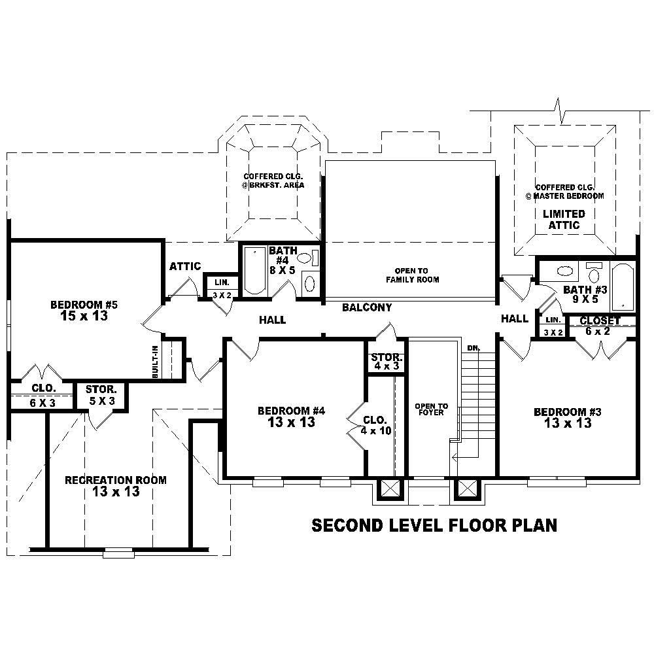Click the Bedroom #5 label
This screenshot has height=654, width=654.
click(84, 305)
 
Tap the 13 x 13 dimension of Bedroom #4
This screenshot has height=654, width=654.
click(291, 422)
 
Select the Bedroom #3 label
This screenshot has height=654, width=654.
click(567, 412)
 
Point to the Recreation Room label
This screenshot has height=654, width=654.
click(115, 480)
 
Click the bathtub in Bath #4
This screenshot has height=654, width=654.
click(254, 271)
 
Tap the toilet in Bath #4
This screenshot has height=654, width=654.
click(309, 283)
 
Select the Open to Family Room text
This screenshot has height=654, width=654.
click(412, 275)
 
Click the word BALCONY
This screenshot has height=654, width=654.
click(367, 307)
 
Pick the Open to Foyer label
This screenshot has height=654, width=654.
click(431, 409)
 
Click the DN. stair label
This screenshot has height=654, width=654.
click(473, 348)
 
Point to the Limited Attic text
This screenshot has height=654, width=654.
click(563, 219)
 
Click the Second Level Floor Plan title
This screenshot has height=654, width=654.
click(434, 525)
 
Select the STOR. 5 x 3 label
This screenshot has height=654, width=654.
click(101, 394)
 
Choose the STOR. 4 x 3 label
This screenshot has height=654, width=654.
click(387, 362)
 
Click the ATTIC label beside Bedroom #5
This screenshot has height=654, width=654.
click(185, 266)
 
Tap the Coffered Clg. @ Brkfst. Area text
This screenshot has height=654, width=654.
click(273, 181)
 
